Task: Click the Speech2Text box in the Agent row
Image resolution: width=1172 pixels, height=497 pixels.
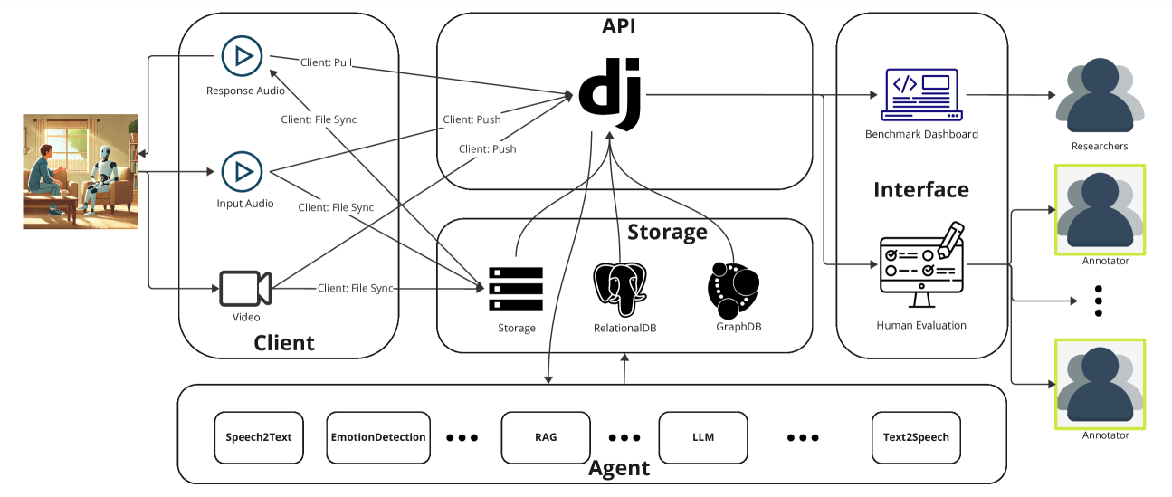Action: point(258,437)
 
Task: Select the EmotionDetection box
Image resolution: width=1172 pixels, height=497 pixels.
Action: point(378,437)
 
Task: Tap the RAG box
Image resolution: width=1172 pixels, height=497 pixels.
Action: point(546,437)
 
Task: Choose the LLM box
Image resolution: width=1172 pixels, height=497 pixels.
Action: point(702,437)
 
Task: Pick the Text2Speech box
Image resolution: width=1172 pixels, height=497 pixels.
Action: point(916,437)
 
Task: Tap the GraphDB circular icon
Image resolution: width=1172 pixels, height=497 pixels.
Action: point(733,289)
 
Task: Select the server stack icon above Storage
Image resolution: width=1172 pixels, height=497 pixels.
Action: point(515,289)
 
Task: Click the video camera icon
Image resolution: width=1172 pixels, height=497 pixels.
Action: point(244,288)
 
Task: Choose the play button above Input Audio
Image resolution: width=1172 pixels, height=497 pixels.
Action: point(242,170)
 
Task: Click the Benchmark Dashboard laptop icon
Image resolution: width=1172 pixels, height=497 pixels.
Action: point(921,94)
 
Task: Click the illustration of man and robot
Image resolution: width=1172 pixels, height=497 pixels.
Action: point(81,171)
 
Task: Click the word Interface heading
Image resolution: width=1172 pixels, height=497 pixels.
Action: point(920,189)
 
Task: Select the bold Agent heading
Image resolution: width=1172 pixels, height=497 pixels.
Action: point(619,468)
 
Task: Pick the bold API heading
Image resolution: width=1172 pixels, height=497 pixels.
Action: point(619,26)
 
